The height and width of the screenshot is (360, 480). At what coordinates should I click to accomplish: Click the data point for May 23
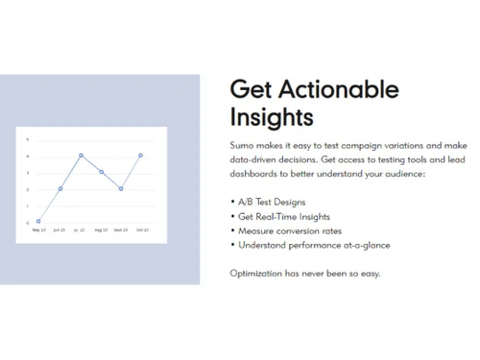(38, 221)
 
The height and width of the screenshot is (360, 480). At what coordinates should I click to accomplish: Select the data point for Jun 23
(60, 188)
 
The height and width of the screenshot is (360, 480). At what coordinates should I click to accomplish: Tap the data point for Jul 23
(81, 156)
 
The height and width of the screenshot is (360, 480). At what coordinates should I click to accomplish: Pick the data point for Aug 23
(101, 172)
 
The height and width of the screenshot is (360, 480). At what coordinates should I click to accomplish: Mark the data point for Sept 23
(121, 188)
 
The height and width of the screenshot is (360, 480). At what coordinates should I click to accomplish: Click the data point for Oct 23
(141, 156)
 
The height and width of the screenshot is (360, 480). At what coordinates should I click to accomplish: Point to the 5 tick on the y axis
(28, 139)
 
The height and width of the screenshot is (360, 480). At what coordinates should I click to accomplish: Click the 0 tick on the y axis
(28, 222)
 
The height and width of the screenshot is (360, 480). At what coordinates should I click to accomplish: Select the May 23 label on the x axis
(38, 230)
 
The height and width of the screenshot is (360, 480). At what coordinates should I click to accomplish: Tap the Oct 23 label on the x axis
(141, 230)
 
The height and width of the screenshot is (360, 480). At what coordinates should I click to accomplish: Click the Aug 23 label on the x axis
(101, 230)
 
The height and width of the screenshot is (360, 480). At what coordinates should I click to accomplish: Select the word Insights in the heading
(272, 118)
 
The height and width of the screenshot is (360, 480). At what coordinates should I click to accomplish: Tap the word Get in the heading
(252, 89)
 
